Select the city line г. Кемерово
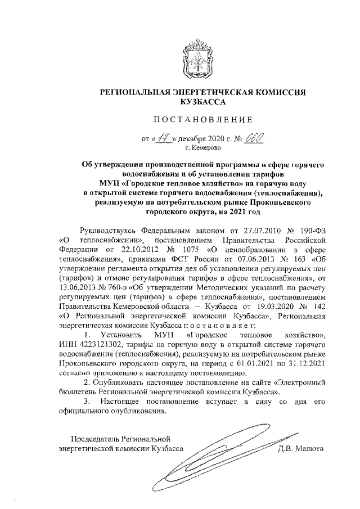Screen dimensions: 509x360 [202, 148]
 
